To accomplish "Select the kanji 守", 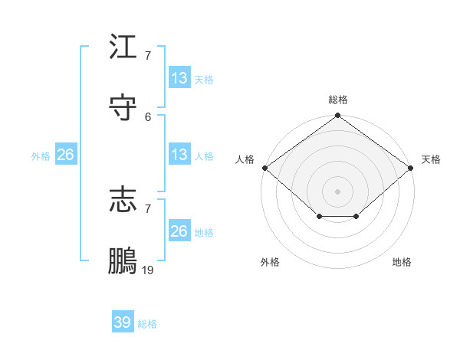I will coord(123,107).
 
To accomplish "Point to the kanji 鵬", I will coord(123,260).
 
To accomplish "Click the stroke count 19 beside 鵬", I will coord(149,270).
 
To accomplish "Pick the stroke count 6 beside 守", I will coord(148,116).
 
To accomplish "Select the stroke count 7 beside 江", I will coord(148,56).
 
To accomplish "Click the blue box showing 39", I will coord(123,322).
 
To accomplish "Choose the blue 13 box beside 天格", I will coord(179,78).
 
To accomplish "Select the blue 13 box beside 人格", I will coord(179,155).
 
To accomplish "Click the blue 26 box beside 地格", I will coord(179,231).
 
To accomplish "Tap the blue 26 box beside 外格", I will coord(65,155).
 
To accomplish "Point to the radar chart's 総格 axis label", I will coord(338,100).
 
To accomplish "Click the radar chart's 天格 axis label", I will coord(431,159).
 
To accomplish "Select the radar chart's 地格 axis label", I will coord(402,262).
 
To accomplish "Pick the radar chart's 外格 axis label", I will coord(270,262).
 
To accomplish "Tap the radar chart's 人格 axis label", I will coord(245,159).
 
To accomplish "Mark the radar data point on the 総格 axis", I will coord(338,116).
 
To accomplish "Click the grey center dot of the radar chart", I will coord(338,191).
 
